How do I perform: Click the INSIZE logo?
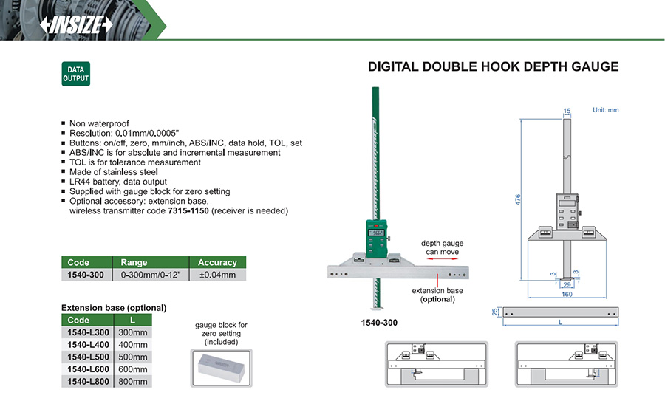coord(76,25)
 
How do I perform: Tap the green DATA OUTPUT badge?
coord(76,74)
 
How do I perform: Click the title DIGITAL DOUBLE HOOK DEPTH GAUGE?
coord(494,67)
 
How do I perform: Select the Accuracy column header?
coord(217,262)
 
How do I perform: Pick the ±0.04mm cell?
coord(217,275)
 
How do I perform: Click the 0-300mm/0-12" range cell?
coord(151,275)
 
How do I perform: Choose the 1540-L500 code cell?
coord(88,357)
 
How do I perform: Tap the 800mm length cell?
coord(133,382)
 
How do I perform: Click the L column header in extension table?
coord(133,320)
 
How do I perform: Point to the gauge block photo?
coord(222,368)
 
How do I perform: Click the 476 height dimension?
coord(518,199)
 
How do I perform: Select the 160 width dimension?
coord(567,294)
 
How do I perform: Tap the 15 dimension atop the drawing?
coord(567,111)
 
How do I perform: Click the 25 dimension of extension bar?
coord(495,312)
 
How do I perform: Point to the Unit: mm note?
coord(606,110)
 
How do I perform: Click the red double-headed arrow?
coord(443,258)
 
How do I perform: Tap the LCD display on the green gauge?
coord(376,233)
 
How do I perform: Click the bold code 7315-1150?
coord(188,210)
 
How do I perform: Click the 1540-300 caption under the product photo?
coord(379,323)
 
